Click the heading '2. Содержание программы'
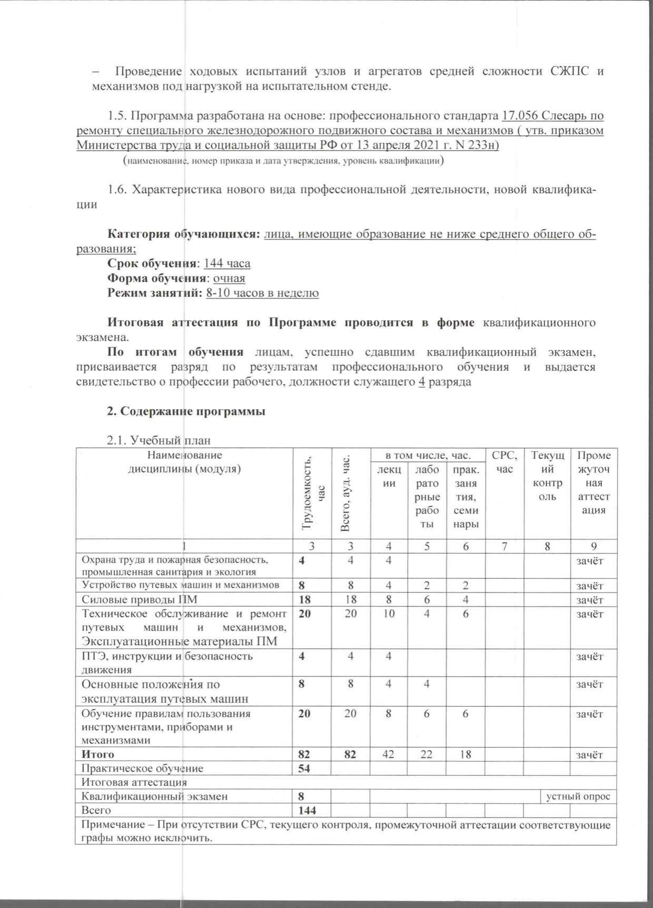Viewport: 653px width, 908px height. [186, 412]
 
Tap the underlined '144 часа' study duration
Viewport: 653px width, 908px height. [227, 263]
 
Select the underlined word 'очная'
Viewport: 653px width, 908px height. [229, 278]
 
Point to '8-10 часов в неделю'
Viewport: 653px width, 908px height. [262, 293]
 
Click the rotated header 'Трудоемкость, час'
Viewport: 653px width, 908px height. [312, 493]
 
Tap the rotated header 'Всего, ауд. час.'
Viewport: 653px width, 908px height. [345, 493]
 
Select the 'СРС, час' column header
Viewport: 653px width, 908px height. [504, 462]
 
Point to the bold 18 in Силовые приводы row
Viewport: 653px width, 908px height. [304, 599]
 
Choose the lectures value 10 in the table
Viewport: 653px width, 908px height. [389, 614]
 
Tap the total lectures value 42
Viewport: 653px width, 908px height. [389, 754]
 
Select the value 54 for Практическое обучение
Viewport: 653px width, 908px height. [304, 768]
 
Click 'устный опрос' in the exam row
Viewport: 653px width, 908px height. [578, 796]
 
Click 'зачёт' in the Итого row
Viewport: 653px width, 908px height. [589, 755]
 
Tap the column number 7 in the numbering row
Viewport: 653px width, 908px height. [504, 547]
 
